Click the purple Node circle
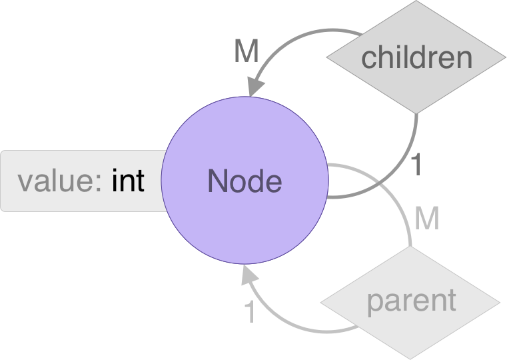tap(245, 180)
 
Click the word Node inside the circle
tap(245, 181)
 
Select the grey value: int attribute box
tap(83, 181)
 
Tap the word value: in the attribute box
tap(59, 181)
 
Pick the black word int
tap(128, 180)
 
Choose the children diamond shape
tap(416, 57)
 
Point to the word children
tap(417, 57)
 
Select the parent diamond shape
tap(410, 303)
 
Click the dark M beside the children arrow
tap(247, 51)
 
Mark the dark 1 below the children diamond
tap(417, 165)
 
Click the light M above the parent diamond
tap(427, 218)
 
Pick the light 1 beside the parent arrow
tap(250, 311)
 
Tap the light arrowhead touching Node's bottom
tap(249, 275)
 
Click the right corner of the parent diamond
tap(500, 303)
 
